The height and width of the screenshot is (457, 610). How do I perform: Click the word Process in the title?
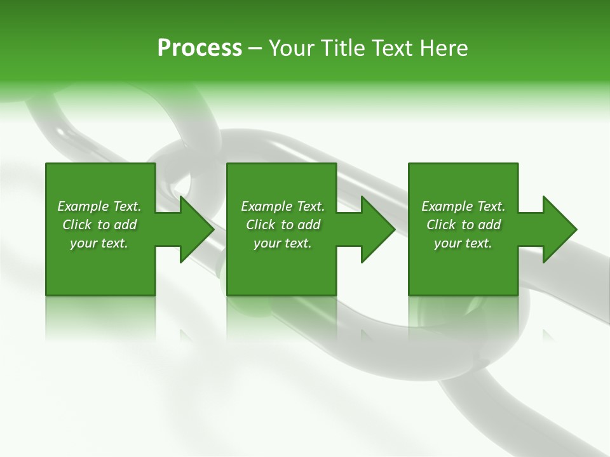(x=200, y=48)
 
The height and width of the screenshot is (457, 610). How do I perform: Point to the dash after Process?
(x=255, y=49)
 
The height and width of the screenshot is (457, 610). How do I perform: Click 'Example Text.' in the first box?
(x=99, y=206)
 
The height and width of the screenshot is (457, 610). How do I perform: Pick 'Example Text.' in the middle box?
(x=283, y=206)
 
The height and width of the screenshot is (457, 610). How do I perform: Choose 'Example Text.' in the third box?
(x=463, y=206)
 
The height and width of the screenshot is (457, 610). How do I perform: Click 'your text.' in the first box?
(x=99, y=243)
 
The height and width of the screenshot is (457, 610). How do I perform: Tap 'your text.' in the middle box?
(x=283, y=243)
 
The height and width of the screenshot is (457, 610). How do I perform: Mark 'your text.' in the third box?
(x=463, y=243)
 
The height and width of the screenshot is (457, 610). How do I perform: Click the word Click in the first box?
(x=77, y=225)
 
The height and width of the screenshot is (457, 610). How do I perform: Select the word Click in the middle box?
(x=261, y=225)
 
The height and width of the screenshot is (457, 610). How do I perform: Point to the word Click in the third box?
(x=441, y=225)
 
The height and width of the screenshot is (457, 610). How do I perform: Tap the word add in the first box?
(x=125, y=225)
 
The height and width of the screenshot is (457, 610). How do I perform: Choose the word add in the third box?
(x=489, y=225)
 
